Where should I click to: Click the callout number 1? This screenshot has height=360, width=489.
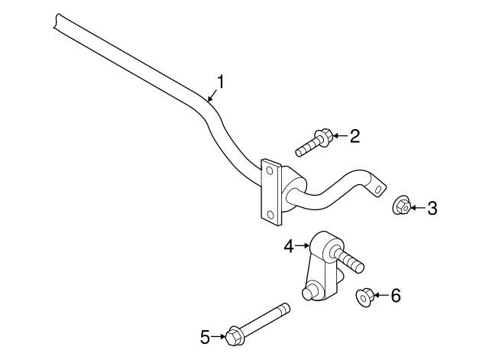click(x=221, y=81)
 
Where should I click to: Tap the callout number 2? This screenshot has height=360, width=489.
click(x=354, y=137)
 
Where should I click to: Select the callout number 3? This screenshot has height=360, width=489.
click(x=432, y=207)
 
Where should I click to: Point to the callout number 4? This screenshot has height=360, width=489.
click(x=289, y=245)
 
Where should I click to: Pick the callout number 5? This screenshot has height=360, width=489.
click(x=205, y=336)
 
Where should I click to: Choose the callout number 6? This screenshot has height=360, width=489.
click(x=395, y=296)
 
